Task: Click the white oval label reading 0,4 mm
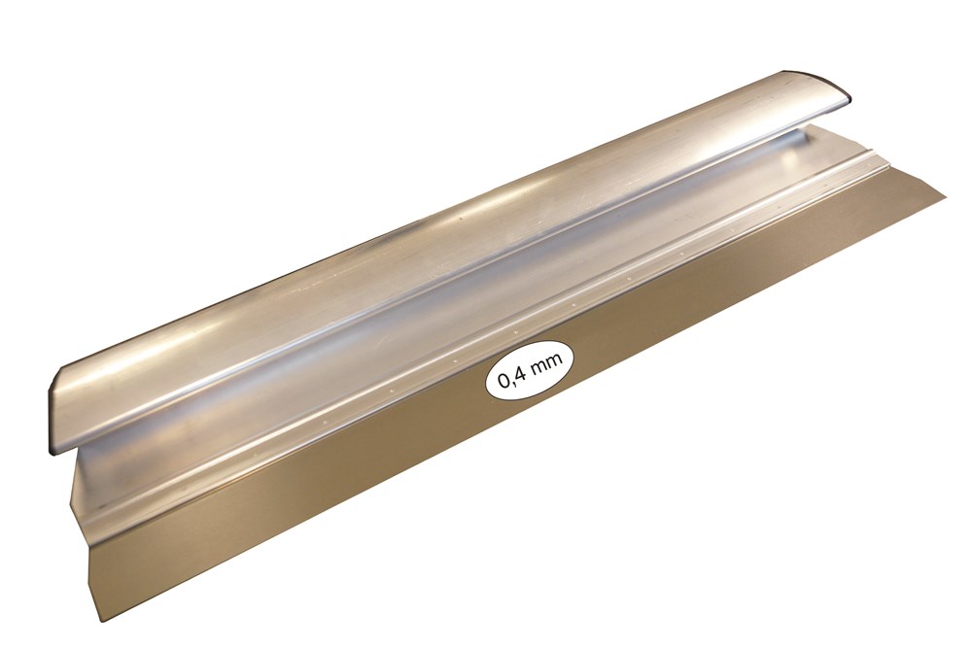[x=529, y=375]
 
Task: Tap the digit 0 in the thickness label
[x=504, y=382]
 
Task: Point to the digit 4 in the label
[x=521, y=377]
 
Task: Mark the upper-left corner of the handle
[x=60, y=376]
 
